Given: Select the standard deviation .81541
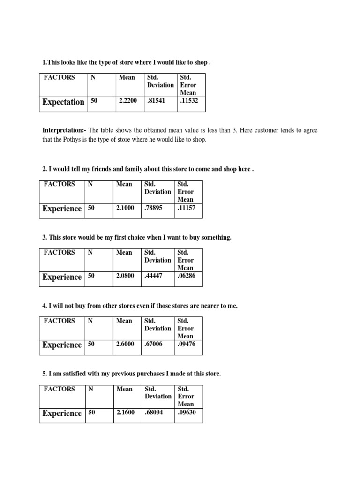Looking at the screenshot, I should (157, 101).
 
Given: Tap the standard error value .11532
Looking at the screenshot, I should (189, 101).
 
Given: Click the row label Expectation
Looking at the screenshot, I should (63, 102).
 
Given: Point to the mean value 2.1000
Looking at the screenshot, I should (125, 208).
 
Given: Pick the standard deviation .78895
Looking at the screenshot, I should (154, 208).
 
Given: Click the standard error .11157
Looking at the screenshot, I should (186, 208).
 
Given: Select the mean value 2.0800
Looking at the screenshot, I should (125, 276).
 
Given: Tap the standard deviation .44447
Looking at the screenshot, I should (154, 276).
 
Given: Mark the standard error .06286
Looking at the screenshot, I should (186, 276).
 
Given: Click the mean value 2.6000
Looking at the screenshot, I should (125, 344).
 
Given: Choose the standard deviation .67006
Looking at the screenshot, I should (154, 344).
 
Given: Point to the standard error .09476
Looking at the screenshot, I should (186, 344).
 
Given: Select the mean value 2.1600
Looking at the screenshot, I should (125, 412).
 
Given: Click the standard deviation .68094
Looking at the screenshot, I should (154, 412).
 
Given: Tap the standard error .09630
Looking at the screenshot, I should (186, 412).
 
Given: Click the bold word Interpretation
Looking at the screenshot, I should (63, 130).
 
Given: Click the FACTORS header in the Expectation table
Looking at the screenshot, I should (59, 77).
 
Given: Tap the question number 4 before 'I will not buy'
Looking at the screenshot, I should (44, 306).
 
